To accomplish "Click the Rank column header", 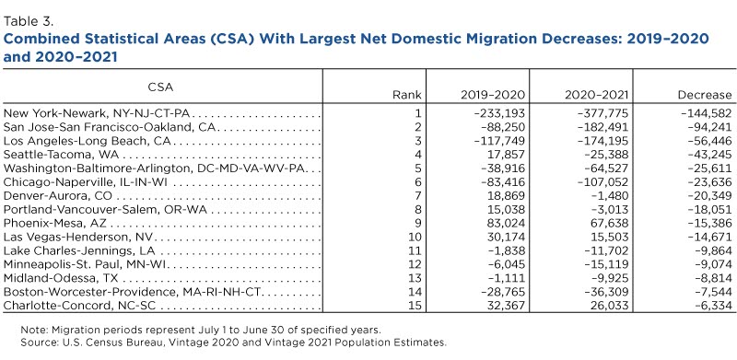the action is point(407,95).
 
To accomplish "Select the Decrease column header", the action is point(705,95).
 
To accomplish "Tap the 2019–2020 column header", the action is point(492,95).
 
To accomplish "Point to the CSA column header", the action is point(160,87).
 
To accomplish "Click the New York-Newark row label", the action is point(99,113).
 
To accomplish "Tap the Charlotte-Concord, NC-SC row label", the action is point(79,306).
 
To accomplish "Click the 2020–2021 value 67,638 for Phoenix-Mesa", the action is point(611,223).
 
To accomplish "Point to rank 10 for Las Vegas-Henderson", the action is point(415,237).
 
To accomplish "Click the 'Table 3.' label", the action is point(29,21).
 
